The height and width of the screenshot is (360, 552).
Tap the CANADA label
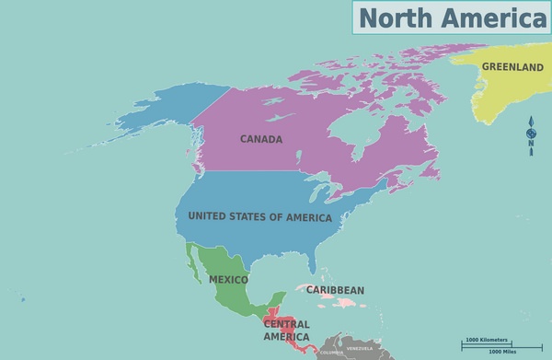(261, 140)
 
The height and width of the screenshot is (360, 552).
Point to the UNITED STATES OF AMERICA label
(259, 216)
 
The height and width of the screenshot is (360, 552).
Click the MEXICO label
(228, 279)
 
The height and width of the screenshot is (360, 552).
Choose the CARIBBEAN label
(335, 290)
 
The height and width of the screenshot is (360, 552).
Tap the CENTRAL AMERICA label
(287, 331)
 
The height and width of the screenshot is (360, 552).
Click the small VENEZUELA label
(360, 349)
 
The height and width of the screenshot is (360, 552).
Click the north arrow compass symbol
(531, 135)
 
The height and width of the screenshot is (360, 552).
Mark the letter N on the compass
(531, 141)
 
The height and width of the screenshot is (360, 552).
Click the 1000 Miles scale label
(502, 352)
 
